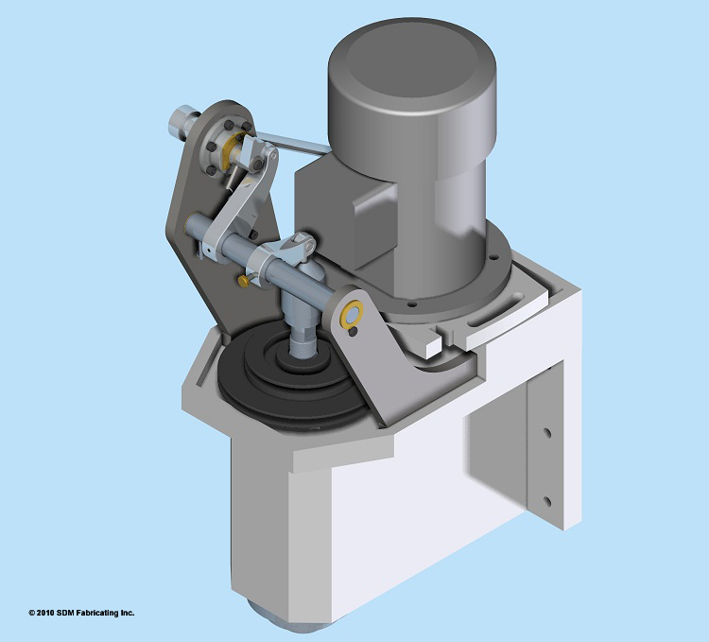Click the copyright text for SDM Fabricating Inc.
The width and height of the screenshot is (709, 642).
[81, 613]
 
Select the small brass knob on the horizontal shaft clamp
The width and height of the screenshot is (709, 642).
[245, 280]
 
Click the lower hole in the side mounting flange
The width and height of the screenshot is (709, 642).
[546, 498]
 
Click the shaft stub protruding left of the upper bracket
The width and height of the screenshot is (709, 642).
[180, 121]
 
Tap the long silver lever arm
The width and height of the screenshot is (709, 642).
[242, 203]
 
